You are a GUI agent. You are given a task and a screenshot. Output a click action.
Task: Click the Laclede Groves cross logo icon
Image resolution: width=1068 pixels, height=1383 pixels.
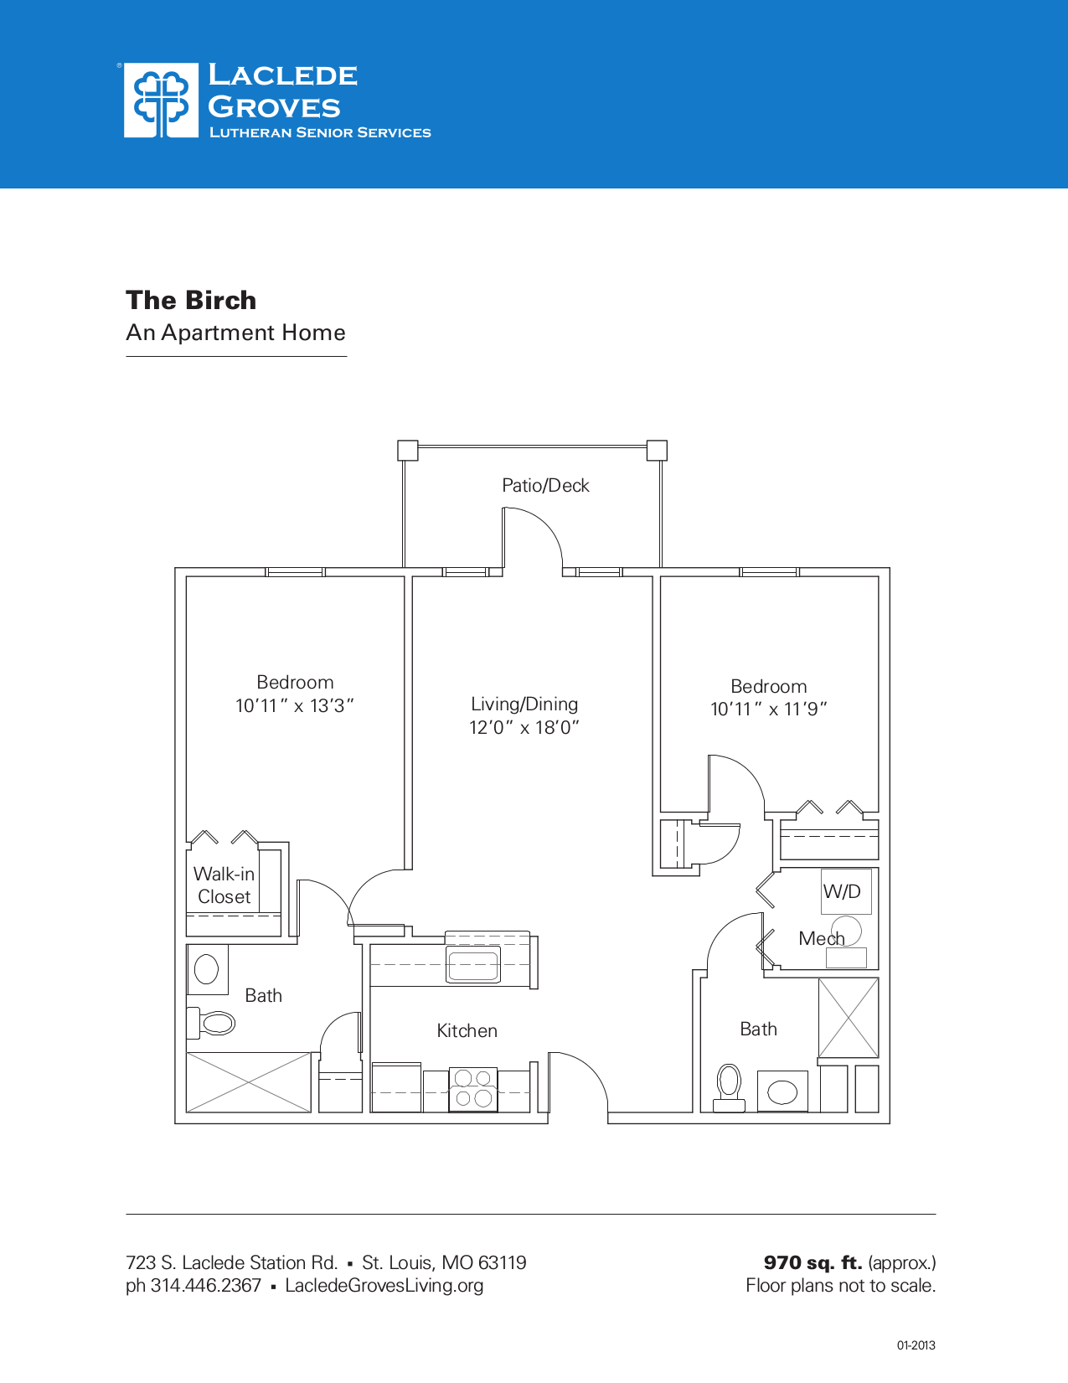(x=161, y=101)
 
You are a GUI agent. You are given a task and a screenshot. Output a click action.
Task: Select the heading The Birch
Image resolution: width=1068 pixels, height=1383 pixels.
(x=191, y=300)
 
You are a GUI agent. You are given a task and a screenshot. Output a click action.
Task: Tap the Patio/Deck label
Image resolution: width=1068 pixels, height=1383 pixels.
(x=545, y=486)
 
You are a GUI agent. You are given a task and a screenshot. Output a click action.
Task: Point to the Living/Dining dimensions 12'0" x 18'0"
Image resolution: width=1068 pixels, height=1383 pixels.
(x=524, y=727)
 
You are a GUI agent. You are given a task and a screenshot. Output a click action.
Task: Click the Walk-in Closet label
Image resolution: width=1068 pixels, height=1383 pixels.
(x=224, y=885)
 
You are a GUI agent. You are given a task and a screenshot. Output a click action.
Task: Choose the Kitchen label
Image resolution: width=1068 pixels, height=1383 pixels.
(x=467, y=1031)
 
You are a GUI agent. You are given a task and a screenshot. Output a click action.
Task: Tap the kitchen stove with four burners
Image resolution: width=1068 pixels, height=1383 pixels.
(x=473, y=1089)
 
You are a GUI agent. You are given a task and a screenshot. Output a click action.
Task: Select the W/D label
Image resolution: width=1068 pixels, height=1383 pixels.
(x=842, y=891)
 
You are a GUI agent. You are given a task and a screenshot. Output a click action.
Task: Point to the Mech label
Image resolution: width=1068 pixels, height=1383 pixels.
(x=821, y=938)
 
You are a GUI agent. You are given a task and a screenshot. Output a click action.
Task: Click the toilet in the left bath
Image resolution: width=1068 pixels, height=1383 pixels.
(x=213, y=1023)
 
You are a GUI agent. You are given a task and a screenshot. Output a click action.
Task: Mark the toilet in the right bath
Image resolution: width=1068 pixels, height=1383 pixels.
(x=730, y=1086)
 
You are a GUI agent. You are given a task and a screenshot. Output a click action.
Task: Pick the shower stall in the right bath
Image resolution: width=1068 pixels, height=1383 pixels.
(x=849, y=1018)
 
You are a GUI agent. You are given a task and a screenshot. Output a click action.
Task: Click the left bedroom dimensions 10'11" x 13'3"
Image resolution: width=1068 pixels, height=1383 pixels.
(x=295, y=706)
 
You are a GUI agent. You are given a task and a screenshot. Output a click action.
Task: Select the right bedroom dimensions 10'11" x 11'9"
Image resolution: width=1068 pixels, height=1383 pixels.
(x=769, y=710)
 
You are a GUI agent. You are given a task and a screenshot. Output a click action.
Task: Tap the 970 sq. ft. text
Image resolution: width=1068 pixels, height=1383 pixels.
(x=813, y=1262)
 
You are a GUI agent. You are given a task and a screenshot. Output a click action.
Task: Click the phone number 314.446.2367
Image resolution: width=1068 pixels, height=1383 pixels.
(x=205, y=1286)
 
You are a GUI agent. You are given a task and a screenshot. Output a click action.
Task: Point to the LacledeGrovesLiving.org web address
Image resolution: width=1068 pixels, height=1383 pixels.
(x=384, y=1286)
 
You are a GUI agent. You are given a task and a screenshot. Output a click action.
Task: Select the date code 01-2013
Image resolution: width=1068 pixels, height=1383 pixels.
(x=916, y=1346)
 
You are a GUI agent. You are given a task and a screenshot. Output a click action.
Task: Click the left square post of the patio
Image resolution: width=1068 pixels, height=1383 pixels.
(x=407, y=451)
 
